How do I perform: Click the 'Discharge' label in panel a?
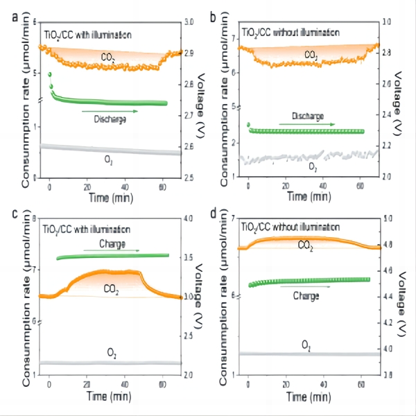click(x=109, y=119)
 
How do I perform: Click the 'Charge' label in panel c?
click(x=112, y=244)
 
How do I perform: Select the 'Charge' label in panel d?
click(x=306, y=295)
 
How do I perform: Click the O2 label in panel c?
click(x=112, y=354)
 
